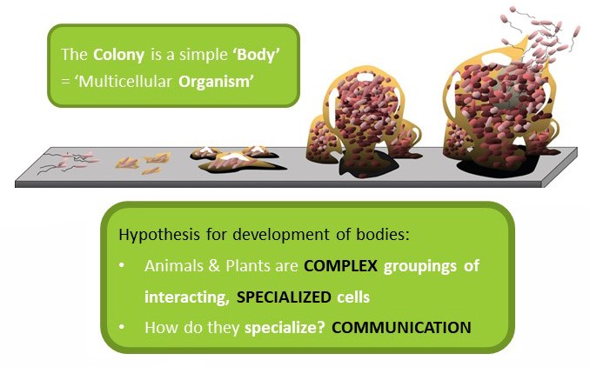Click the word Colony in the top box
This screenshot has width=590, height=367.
pyautogui.click(x=118, y=56)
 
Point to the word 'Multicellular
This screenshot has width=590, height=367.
pyautogui.click(x=124, y=81)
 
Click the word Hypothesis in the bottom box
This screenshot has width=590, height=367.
pyautogui.click(x=159, y=236)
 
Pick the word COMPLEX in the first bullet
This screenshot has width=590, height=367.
pyautogui.click(x=340, y=266)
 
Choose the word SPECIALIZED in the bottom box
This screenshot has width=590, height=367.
pyautogui.click(x=284, y=297)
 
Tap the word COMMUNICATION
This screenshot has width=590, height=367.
pyautogui.click(x=401, y=328)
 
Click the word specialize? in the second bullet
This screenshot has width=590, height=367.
pyautogui.click(x=285, y=328)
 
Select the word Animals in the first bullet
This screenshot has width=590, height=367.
pyautogui.click(x=171, y=266)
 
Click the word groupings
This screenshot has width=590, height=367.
pyautogui.click(x=420, y=267)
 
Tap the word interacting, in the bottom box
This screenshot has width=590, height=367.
pyautogui.click(x=187, y=297)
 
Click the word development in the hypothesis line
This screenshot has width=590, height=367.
pyautogui.click(x=281, y=236)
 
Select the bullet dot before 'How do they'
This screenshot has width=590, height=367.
pyautogui.click(x=121, y=327)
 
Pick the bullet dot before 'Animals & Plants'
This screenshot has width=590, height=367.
pyautogui.click(x=121, y=265)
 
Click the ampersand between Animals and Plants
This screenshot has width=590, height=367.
pyautogui.click(x=214, y=266)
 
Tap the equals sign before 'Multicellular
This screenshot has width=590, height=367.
pyautogui.click(x=66, y=82)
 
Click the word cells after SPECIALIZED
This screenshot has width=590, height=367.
pyautogui.click(x=353, y=297)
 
